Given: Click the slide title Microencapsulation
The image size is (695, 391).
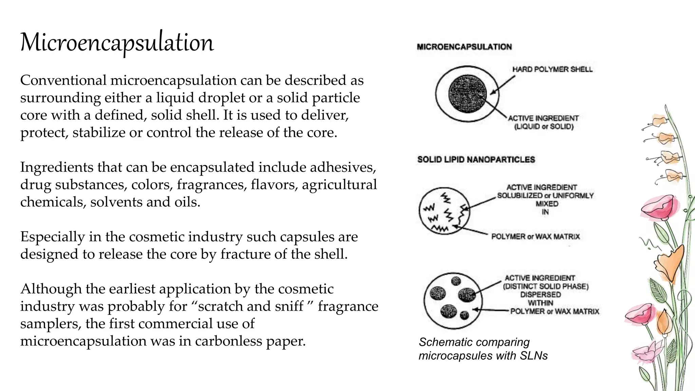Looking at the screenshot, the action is click(x=117, y=43).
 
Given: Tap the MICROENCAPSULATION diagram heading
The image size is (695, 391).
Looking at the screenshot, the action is click(x=464, y=47).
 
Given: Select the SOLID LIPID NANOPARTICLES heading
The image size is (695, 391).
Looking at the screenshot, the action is click(x=476, y=160).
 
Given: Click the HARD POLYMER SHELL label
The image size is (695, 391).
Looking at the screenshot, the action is click(x=552, y=69).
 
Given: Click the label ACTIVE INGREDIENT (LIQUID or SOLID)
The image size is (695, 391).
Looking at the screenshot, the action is click(x=543, y=122).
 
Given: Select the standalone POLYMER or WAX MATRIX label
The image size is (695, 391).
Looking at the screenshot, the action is click(x=536, y=237).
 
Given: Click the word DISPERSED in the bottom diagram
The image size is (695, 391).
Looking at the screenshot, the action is click(x=540, y=295).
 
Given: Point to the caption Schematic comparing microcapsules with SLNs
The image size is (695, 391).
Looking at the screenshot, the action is click(x=483, y=349).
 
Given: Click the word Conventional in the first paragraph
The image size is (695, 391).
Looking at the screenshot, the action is click(x=63, y=80).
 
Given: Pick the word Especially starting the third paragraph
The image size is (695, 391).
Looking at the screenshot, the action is click(x=52, y=237).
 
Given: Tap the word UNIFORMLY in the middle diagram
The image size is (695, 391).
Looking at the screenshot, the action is click(x=573, y=195).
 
